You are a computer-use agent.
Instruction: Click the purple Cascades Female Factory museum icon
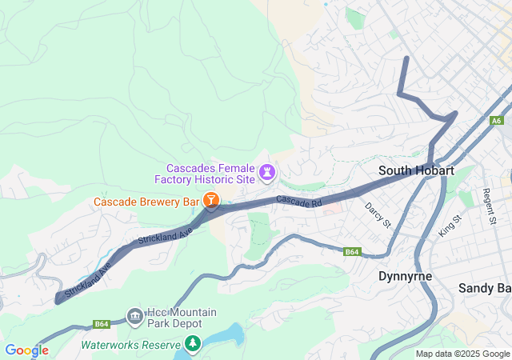[x=267, y=172]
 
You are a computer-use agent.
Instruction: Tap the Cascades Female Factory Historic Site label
[x=211, y=174]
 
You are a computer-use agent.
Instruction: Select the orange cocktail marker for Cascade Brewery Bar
[x=211, y=200]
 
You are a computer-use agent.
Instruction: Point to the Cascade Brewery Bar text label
[x=146, y=202]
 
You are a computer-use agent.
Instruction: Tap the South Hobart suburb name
[x=416, y=170]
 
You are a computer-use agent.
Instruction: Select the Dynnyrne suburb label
[x=405, y=276]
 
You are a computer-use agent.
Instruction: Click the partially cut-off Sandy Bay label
[x=484, y=287]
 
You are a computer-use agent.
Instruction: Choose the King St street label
[x=450, y=224]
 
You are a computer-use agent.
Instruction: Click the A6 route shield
[x=497, y=121]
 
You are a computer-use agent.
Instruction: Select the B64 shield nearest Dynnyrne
[x=351, y=252]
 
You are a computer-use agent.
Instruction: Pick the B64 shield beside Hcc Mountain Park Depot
[x=101, y=324]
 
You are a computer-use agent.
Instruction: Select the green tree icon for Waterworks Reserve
[x=192, y=344]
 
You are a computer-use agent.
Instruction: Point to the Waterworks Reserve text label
[x=131, y=346]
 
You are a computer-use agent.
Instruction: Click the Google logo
[x=26, y=350]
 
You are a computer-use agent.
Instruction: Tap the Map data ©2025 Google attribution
[x=462, y=354]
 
